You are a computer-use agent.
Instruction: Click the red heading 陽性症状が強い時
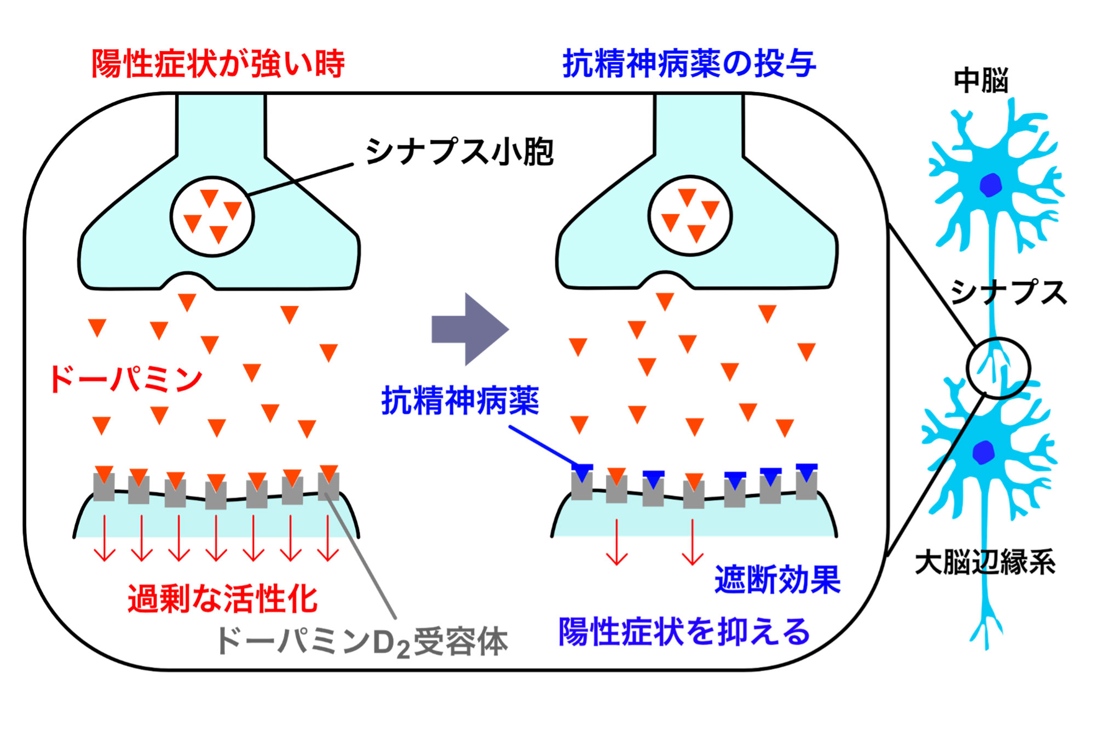click(218, 64)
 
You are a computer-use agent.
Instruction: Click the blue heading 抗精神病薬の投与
click(689, 64)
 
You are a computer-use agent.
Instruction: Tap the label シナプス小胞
click(460, 152)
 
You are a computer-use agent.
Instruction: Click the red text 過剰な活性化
click(222, 598)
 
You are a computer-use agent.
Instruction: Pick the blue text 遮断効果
click(777, 579)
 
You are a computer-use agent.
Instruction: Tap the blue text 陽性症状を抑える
click(684, 632)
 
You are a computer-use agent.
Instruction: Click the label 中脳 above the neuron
click(981, 81)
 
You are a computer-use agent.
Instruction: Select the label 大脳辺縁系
click(985, 562)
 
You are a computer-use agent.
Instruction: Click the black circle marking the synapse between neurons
click(998, 368)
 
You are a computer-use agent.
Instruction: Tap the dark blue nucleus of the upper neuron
click(990, 185)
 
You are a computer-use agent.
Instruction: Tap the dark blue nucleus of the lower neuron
click(983, 452)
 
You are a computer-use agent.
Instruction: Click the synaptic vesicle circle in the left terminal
click(212, 216)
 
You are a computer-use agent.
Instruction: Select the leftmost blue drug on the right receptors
click(582, 472)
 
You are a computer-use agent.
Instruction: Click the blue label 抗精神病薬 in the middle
click(460, 401)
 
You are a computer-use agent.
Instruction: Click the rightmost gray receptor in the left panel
click(328, 487)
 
